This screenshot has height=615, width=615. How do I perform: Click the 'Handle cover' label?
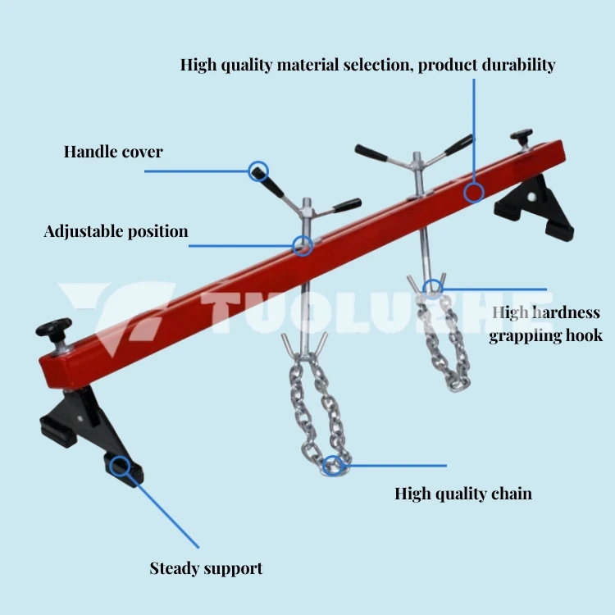click(113, 152)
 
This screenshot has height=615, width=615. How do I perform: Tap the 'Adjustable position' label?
click(116, 231)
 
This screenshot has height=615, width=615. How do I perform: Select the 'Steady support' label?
click(206, 567)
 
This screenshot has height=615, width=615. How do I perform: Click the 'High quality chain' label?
click(463, 493)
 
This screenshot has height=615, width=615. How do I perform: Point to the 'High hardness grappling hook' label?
click(545, 324)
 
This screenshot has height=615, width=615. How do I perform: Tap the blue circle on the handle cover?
click(258, 171)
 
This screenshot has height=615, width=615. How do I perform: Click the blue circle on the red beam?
click(474, 194)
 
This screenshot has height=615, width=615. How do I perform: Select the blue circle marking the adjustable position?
click(303, 245)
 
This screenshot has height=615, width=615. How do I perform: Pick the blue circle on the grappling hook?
click(433, 288)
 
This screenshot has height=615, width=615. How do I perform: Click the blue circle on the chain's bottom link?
click(333, 467)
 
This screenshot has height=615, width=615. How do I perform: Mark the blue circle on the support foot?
click(121, 467)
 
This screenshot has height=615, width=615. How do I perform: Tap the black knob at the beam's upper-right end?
click(521, 136)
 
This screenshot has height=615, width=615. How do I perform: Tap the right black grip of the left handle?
click(347, 203)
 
